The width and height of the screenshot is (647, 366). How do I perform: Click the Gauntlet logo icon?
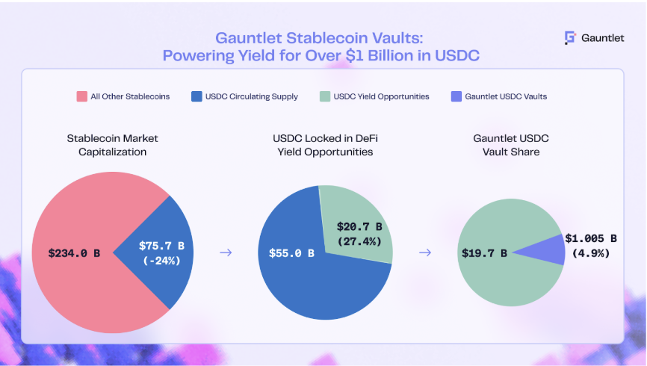click(570, 38)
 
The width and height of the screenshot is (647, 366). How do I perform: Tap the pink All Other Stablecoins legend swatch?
click(81, 96)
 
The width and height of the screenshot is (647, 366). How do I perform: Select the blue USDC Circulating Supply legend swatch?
click(196, 96)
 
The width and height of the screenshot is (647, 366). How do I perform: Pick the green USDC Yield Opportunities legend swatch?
click(325, 96)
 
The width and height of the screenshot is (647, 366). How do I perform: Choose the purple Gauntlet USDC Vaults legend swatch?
click(456, 96)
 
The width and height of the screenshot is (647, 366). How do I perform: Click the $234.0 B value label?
click(74, 253)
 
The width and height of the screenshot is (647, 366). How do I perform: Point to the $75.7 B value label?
click(161, 246)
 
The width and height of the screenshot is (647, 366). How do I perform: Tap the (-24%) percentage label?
click(161, 261)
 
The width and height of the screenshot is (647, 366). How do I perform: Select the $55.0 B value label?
click(291, 253)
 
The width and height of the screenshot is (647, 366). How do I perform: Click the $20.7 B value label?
click(359, 226)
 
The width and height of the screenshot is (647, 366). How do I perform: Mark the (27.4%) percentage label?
click(359, 241)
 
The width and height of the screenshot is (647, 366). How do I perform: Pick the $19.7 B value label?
click(484, 253)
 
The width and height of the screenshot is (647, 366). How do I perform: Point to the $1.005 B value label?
click(591, 238)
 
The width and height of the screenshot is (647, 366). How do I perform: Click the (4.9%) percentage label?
click(591, 253)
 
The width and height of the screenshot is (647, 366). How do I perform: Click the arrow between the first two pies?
click(226, 252)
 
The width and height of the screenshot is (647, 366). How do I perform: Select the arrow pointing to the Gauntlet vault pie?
click(425, 252)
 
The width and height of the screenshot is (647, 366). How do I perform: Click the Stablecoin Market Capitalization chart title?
click(112, 145)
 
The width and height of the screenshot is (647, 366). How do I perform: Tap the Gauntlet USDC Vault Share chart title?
click(511, 145)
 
